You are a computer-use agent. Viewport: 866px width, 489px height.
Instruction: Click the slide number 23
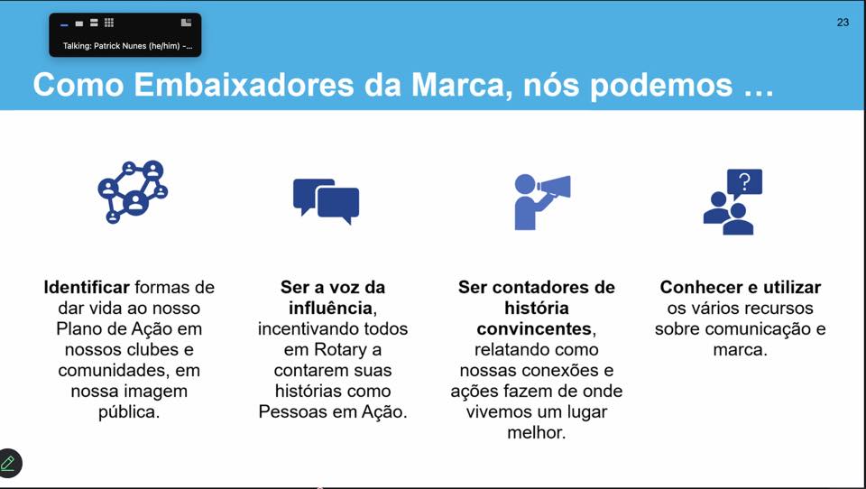click(x=843, y=22)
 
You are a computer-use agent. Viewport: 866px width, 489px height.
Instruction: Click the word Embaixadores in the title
click(x=244, y=85)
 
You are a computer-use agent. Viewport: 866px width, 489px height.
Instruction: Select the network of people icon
click(x=133, y=192)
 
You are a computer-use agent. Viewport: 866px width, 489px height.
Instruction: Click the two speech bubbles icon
click(x=326, y=201)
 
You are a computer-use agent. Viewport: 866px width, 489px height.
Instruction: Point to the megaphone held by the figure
click(x=554, y=187)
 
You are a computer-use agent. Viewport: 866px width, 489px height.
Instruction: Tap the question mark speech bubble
click(x=744, y=183)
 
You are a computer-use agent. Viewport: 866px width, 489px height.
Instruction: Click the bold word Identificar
click(x=87, y=287)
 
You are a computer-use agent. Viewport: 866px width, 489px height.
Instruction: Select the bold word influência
click(x=330, y=308)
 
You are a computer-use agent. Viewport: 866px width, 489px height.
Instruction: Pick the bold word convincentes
click(x=534, y=328)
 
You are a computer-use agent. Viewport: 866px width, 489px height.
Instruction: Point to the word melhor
click(x=536, y=433)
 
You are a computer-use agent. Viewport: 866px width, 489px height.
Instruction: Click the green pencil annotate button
click(x=9, y=463)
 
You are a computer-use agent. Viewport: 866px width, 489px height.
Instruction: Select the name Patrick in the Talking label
click(x=108, y=46)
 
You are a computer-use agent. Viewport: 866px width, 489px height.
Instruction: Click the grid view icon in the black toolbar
click(x=109, y=23)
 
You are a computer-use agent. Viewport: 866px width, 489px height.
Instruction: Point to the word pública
click(x=129, y=412)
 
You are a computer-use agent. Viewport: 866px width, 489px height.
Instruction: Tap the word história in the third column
click(x=536, y=308)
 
